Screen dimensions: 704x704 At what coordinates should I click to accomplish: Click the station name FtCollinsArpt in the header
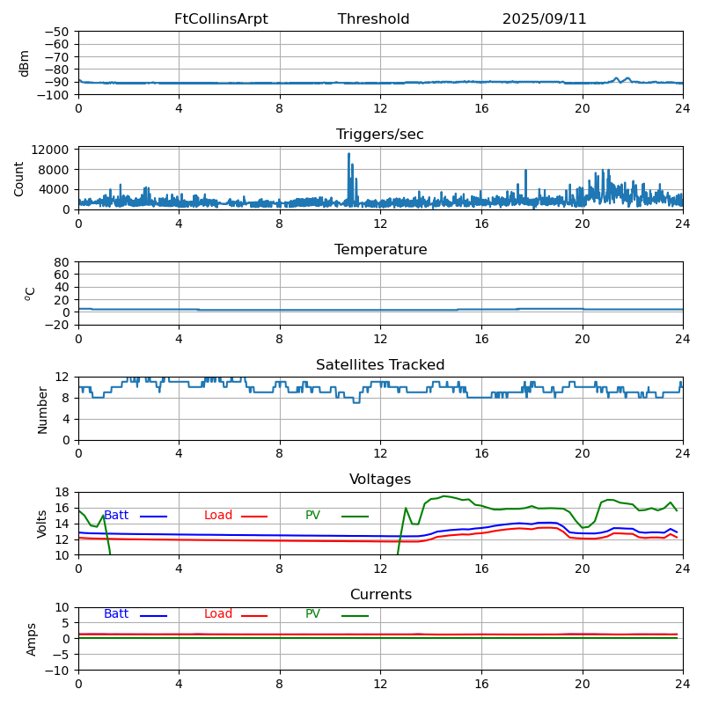pos(221,19)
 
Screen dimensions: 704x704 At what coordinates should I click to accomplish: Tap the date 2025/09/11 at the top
pos(544,19)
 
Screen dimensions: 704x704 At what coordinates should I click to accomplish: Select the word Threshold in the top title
pos(373,19)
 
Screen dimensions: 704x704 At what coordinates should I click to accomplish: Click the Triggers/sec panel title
pos(380,135)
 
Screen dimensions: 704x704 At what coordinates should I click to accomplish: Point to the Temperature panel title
pos(380,250)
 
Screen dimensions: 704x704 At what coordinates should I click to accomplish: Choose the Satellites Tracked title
pos(380,365)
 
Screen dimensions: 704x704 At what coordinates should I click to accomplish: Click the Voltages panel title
pos(380,480)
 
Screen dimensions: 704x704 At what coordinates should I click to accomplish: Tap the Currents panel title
pos(380,595)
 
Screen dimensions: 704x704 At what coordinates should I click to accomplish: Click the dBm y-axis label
pos(25,62)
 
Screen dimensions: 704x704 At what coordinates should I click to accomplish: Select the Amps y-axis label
pos(32,638)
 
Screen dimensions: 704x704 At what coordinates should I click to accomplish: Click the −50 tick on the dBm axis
pos(57,32)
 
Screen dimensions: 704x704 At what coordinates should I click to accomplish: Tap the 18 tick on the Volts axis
pos(62,492)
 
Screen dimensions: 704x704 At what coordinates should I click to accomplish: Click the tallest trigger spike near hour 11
pos(348,155)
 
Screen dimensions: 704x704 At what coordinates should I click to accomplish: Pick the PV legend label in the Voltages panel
pos(314,516)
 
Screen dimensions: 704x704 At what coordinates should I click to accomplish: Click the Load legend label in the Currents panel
pos(218,614)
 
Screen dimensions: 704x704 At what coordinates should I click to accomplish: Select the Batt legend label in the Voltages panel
pos(116,516)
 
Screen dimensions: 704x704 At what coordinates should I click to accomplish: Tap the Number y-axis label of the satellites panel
pos(43,409)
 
